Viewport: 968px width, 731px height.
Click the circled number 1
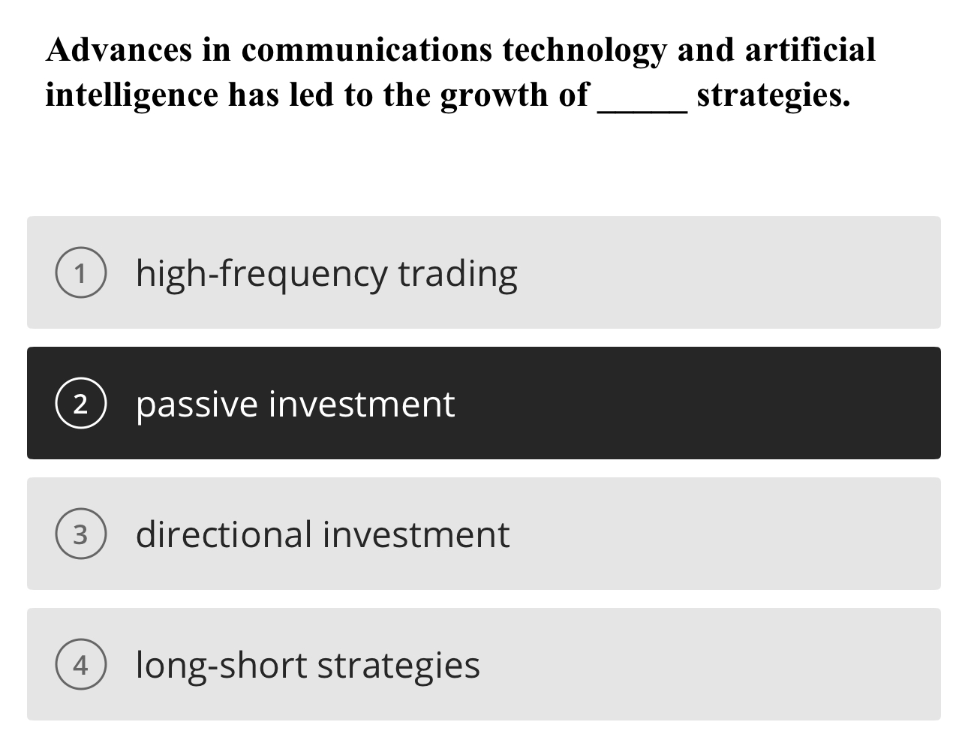(80, 274)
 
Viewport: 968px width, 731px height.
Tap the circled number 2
(80, 405)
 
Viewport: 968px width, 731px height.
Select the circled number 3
(80, 535)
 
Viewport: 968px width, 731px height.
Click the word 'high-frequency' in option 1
(262, 274)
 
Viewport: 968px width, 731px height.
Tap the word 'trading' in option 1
(458, 274)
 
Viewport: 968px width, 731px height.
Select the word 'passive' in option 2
(197, 405)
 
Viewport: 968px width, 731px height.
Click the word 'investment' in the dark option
(362, 405)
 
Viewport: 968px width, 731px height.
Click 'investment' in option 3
(416, 535)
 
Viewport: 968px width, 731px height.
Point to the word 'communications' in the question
(367, 50)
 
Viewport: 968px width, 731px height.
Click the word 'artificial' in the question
(810, 50)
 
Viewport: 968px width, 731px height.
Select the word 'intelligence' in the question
(131, 95)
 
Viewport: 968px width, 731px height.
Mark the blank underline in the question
(642, 110)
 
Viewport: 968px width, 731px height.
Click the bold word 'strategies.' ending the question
(774, 95)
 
